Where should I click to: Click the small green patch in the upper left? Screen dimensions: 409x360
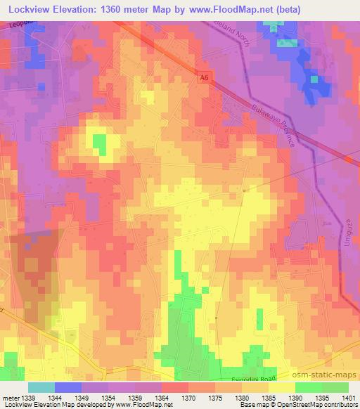click(x=100, y=144)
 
